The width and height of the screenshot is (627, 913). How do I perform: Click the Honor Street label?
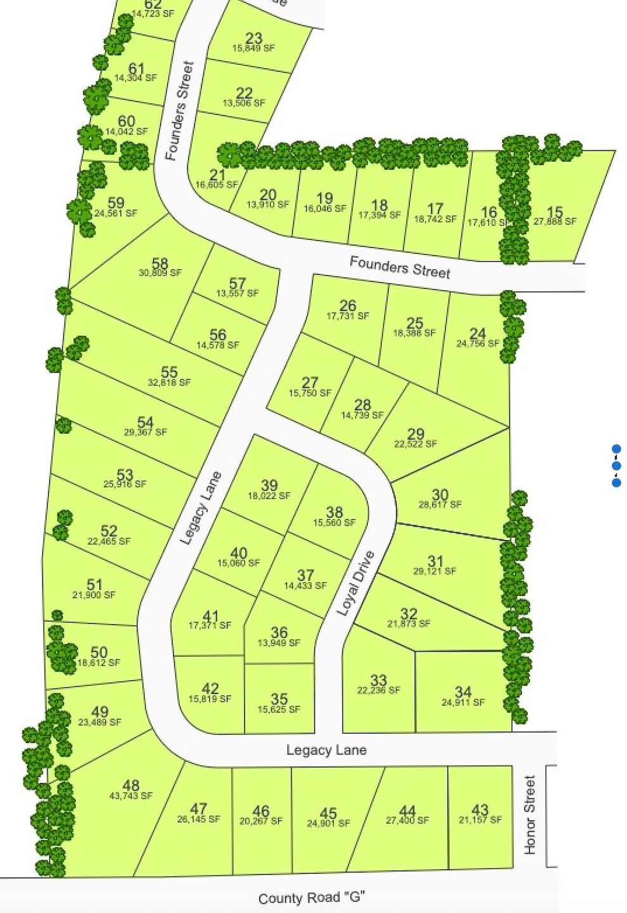pos(530,815)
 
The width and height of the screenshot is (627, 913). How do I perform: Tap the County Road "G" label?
pos(312,898)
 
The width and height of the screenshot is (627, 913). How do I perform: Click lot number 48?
pos(131,786)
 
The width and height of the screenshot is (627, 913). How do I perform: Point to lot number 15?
pos(555,212)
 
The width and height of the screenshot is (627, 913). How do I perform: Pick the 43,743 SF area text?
pos(131,796)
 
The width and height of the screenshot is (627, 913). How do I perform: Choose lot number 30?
pos(440,495)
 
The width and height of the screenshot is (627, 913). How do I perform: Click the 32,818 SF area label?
pos(169,382)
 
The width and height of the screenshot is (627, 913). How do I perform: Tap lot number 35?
pos(279,699)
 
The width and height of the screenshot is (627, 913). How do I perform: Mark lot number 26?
pos(347,306)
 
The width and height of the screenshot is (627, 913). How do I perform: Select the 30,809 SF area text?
pos(160,273)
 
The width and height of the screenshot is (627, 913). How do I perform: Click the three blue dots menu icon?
pos(616,466)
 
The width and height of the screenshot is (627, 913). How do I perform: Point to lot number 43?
pos(480,810)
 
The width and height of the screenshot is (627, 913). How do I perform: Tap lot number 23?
pos(254,38)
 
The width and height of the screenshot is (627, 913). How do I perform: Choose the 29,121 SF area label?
pos(435,571)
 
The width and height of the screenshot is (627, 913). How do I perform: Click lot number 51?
pos(94,585)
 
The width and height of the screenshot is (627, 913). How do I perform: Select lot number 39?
pos(269,486)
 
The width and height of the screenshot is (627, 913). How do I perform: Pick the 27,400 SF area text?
pos(408,820)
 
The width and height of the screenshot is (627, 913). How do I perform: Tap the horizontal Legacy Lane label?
pos(326,750)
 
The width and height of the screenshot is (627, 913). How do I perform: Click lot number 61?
pos(136,68)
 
